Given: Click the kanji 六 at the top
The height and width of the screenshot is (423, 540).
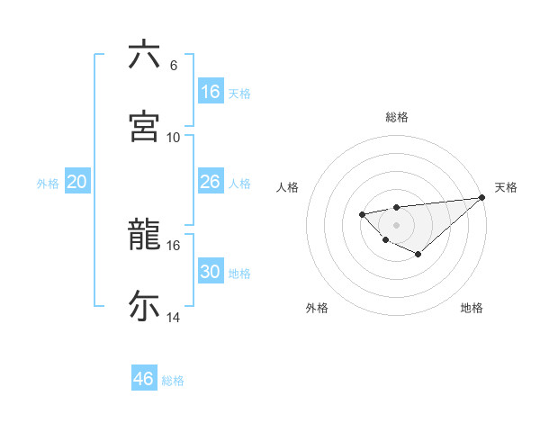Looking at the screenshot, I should click(144, 55).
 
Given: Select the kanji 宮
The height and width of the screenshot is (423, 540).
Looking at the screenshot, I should click(144, 126).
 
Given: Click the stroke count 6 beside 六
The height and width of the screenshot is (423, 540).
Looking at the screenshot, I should click(174, 66).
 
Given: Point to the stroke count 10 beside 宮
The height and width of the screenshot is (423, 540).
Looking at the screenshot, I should click(174, 137).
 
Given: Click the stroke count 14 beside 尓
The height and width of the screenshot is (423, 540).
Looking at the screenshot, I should click(174, 318).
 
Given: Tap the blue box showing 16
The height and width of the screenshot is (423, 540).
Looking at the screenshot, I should click(211, 92).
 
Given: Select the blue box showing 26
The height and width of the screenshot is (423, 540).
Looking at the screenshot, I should click(211, 182).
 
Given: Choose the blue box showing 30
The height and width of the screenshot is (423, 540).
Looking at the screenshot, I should click(211, 272).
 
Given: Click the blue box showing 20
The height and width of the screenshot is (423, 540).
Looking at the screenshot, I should click(77, 182).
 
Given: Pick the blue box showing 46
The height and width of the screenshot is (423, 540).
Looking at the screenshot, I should click(144, 379).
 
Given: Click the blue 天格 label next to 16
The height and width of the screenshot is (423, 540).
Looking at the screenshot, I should click(239, 93).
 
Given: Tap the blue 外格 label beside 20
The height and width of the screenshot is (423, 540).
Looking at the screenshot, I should click(48, 183).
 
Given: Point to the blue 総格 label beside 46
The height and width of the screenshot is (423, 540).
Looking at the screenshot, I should click(173, 380).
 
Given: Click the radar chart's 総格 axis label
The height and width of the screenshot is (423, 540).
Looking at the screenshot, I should click(397, 117).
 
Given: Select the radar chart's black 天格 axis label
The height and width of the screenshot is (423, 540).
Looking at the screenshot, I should click(506, 187).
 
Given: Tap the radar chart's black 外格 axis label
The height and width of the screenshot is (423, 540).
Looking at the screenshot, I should click(317, 308).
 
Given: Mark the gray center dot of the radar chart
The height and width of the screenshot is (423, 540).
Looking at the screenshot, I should click(396, 224).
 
